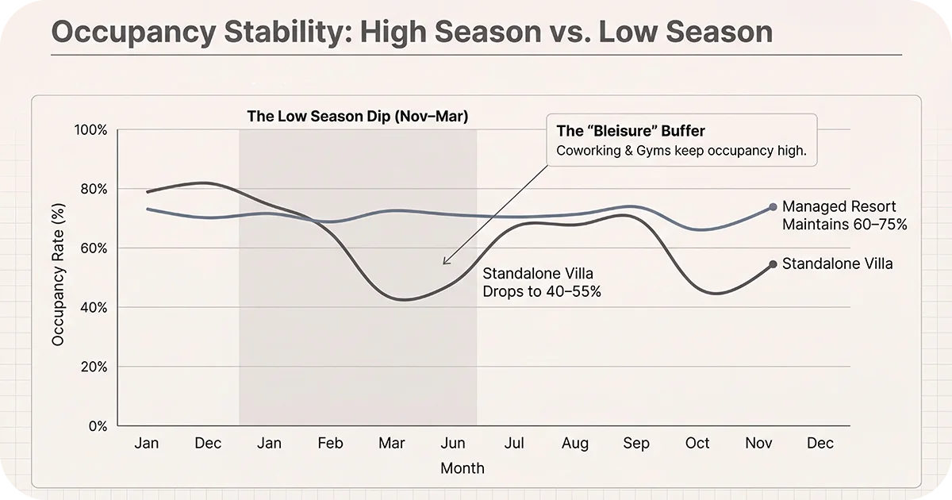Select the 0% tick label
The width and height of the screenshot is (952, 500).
point(97,426)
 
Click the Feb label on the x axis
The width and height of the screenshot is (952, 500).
point(330,443)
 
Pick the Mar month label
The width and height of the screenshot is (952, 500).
point(392,443)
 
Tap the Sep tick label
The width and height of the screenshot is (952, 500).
point(636,443)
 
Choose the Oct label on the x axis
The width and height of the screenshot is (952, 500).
point(697,443)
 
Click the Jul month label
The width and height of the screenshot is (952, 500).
point(514,443)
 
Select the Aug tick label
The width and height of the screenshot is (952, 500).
point(575,443)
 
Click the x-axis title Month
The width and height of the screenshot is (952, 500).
point(462,468)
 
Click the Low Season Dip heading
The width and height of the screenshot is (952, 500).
point(357,116)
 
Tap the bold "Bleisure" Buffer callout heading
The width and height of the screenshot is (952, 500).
point(631,131)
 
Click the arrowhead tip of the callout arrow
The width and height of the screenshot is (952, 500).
point(443,263)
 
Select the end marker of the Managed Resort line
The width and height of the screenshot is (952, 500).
point(773,207)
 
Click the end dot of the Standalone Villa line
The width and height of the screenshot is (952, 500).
point(773,264)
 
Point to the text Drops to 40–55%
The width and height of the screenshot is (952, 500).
point(542,291)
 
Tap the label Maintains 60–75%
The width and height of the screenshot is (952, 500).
point(844,225)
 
